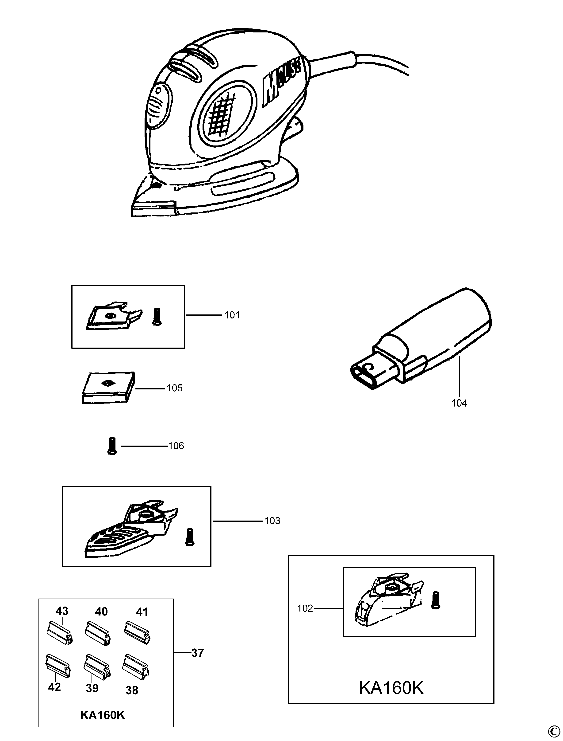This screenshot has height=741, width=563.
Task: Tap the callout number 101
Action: pyautogui.click(x=232, y=315)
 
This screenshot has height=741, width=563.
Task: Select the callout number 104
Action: pyautogui.click(x=459, y=403)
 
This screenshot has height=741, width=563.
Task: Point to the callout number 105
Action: pyautogui.click(x=175, y=388)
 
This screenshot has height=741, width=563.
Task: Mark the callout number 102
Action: pyautogui.click(x=305, y=608)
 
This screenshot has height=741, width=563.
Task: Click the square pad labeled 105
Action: pyautogui.click(x=108, y=387)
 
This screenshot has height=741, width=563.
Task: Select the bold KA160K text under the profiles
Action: pyautogui.click(x=103, y=715)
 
